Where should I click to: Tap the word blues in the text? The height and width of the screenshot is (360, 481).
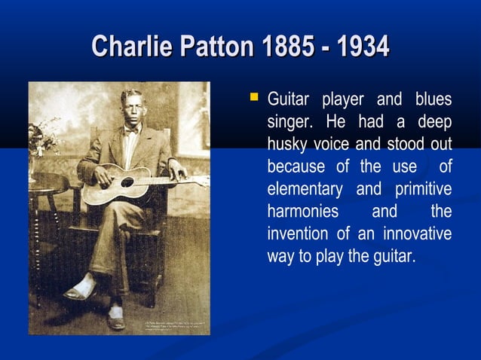[433, 100]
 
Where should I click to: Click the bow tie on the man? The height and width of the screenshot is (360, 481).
[133, 130]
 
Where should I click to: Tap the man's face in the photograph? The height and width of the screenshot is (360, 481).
[133, 108]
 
